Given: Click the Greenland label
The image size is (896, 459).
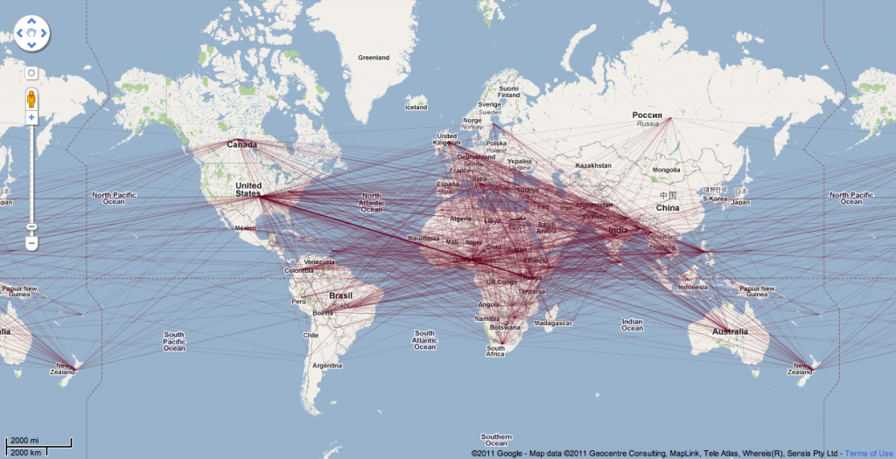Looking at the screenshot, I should pyautogui.click(x=374, y=58).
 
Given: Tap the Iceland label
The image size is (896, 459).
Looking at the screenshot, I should pyautogui.click(x=416, y=107).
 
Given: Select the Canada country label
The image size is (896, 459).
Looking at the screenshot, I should pyautogui.click(x=241, y=144).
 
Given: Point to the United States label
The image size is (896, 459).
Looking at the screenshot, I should pyautogui.click(x=248, y=189).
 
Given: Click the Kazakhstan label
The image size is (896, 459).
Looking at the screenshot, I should pyautogui.click(x=592, y=164).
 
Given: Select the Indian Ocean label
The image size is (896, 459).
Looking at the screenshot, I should pyautogui.click(x=632, y=325).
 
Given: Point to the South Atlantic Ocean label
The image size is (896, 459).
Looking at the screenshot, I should pyautogui.click(x=424, y=340).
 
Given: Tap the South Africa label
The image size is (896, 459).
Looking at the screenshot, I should pyautogui.click(x=495, y=350).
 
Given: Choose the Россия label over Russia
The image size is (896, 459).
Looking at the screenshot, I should pyautogui.click(x=647, y=115).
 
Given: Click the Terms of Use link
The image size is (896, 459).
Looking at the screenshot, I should pyautogui.click(x=869, y=453).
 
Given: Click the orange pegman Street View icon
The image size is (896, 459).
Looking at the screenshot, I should pyautogui.click(x=31, y=96).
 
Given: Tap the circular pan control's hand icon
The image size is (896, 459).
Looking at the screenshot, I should pyautogui.click(x=31, y=34).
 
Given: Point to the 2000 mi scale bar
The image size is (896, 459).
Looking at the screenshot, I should pyautogui.click(x=38, y=442).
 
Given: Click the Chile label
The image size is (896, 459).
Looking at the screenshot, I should pyautogui.click(x=311, y=335).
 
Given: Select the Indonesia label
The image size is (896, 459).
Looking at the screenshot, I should pyautogui.click(x=692, y=287).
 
